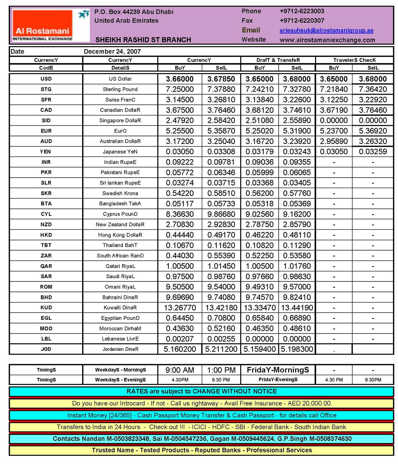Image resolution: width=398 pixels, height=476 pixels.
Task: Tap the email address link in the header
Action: point(326,30)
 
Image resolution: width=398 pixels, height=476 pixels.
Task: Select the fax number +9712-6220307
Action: point(302,21)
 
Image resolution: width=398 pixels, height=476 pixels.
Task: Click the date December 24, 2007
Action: point(112,51)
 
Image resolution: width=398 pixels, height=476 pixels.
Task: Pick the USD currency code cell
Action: point(46,79)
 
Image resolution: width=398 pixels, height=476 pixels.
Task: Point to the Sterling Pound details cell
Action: point(120,89)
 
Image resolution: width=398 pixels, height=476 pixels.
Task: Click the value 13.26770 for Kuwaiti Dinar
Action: point(180,308)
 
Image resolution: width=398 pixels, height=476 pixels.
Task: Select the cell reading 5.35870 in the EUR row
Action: point(221,131)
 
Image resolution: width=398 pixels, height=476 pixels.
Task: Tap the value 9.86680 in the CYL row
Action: point(221,214)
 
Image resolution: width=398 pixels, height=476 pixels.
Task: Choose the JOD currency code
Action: point(46,349)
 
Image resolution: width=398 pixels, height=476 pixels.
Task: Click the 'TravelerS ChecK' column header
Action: point(354,60)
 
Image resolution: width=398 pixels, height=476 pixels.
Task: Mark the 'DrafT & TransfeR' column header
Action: point(278,60)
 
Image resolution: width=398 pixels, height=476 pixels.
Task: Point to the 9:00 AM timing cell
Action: point(180,370)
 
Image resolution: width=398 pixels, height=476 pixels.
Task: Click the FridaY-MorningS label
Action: point(278,370)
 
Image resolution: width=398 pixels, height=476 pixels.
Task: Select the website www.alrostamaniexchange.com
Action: point(327,40)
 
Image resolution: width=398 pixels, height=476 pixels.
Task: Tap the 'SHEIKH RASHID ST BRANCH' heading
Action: point(143,40)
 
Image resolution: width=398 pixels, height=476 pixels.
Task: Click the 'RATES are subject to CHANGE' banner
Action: point(202,391)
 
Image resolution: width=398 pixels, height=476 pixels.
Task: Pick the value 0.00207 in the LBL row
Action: point(180,339)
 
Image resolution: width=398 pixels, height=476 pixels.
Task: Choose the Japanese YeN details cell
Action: point(120,152)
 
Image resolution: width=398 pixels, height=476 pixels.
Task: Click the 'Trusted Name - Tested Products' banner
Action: point(202,450)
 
